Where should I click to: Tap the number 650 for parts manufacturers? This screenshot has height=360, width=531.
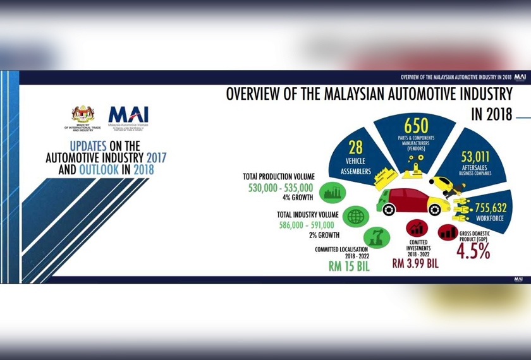coord(417,126)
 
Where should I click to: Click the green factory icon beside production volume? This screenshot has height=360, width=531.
coord(332,191)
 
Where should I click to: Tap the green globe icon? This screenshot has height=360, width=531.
coord(356,217)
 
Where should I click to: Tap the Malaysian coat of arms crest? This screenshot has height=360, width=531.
coord(83,114)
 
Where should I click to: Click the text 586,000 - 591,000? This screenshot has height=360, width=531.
coord(307,225)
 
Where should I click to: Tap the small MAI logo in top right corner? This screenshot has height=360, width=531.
coord(520,77)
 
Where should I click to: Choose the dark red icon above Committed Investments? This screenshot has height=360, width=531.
coord(417,228)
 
